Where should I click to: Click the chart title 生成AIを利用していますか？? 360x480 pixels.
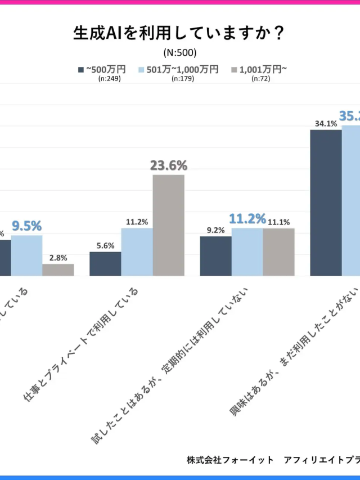179,34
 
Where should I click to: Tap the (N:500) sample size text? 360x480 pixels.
179,53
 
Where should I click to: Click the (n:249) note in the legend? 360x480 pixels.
109,79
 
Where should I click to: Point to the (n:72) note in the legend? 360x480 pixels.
260,79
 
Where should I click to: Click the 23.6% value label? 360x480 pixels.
168,165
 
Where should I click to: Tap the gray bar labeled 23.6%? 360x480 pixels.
168,225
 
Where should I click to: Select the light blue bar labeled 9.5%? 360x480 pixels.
26,255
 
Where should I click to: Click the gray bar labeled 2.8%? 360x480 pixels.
58,270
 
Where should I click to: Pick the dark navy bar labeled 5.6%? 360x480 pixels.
105,264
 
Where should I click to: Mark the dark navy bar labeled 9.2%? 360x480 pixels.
215,256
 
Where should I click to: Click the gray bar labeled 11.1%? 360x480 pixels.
278,252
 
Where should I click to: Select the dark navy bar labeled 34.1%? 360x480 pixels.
326,203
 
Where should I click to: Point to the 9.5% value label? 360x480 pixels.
27,226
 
